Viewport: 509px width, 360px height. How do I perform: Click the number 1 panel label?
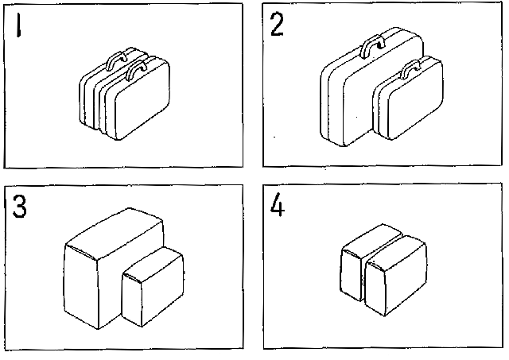[x=19, y=25]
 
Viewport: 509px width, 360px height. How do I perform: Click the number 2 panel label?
[x=277, y=25]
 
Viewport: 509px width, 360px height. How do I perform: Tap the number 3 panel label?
[x=19, y=207]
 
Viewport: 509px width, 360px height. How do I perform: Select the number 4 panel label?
[x=278, y=204]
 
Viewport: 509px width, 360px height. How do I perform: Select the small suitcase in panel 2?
[x=408, y=99]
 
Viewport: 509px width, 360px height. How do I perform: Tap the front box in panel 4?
[x=395, y=276]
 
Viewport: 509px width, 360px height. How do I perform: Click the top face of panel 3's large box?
[x=115, y=233]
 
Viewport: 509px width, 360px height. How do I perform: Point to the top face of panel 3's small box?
[x=153, y=263]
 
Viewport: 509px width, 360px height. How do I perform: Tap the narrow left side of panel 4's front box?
[x=375, y=288]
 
